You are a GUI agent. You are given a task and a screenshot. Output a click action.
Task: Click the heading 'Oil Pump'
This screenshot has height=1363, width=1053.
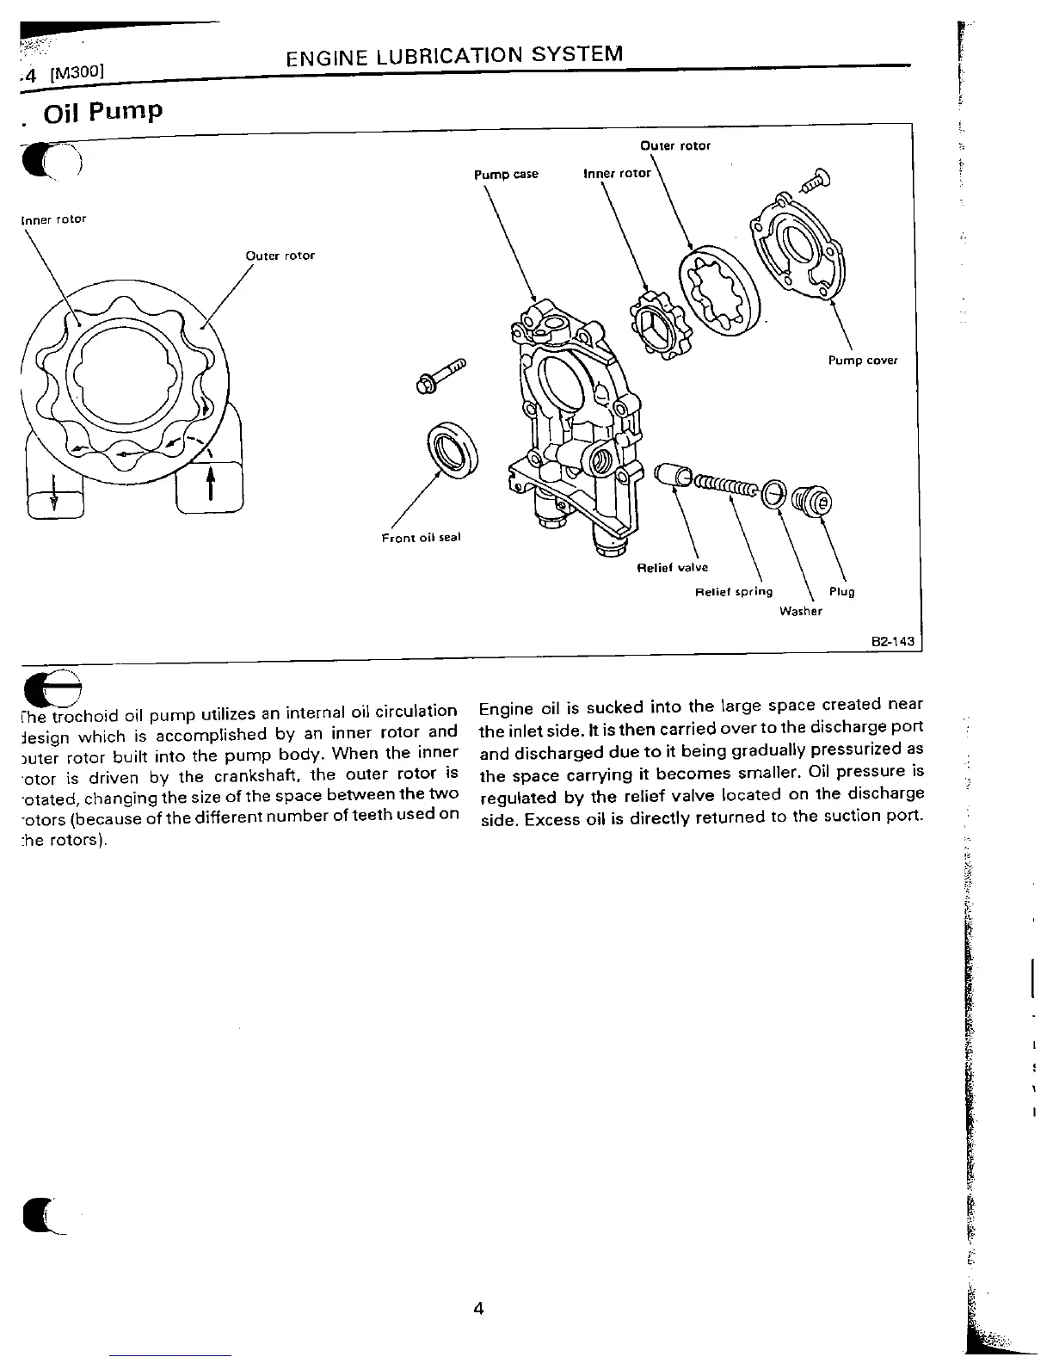[x=102, y=113]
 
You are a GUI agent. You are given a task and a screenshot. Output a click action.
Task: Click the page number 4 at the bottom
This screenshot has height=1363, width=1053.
[x=478, y=1309]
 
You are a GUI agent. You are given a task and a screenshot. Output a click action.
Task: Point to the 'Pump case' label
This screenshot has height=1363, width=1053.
[x=506, y=175]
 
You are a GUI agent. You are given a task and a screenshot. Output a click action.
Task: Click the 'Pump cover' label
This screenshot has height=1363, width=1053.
[x=862, y=361]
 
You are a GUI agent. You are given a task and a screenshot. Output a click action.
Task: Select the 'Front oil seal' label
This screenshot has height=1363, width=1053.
[x=421, y=538]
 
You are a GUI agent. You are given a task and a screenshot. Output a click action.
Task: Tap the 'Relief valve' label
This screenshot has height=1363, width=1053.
[x=672, y=568]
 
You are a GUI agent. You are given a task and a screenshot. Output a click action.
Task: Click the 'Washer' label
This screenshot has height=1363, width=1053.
[x=800, y=611]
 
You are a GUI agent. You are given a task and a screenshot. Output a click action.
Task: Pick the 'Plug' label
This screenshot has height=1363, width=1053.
[x=841, y=592]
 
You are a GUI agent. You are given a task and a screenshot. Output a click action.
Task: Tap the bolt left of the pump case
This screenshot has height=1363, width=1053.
[x=440, y=376]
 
